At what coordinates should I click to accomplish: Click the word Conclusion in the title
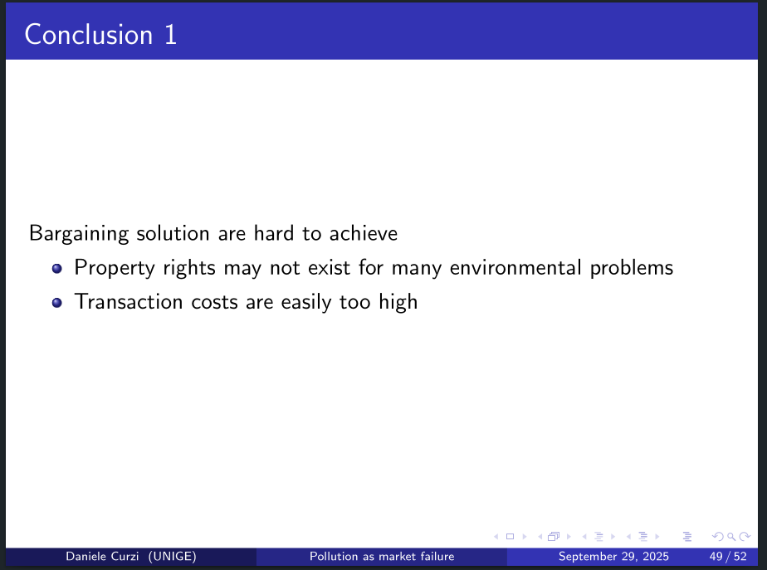pos(89,35)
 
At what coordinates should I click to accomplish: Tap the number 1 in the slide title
pos(170,35)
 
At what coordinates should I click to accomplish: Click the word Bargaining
pos(79,234)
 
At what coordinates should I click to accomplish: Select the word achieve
pos(364,233)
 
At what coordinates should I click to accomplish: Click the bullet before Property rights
pos(56,268)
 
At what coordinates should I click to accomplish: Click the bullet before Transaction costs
pos(56,303)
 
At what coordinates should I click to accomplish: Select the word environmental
pos(515,267)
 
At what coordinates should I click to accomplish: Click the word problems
pos(632,268)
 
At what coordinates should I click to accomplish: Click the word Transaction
pos(129,302)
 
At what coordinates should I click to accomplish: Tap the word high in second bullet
pos(398,303)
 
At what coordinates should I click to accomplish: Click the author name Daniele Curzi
pos(102,557)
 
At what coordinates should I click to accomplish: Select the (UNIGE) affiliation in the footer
pos(172,557)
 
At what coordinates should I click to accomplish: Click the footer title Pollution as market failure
pos(382,557)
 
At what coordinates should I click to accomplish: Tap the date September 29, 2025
pos(613,557)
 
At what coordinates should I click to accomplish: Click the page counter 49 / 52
pos(728,557)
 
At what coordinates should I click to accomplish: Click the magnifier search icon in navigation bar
pos(731,537)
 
